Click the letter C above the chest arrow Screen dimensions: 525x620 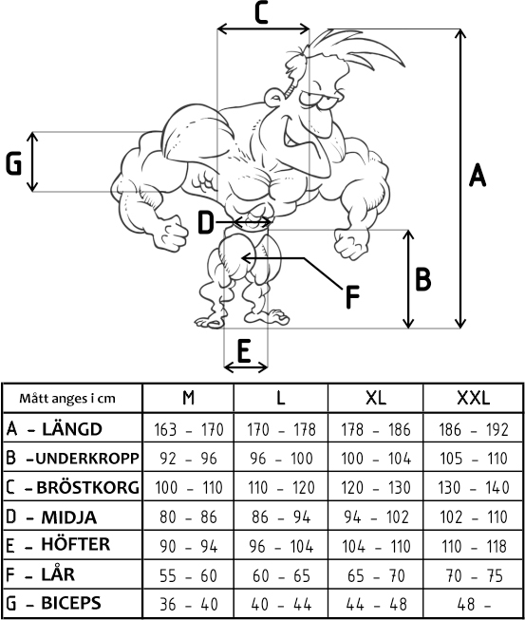pos(261,12)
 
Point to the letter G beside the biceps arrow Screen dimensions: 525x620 pos(14,163)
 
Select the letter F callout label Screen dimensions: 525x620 pos(352,297)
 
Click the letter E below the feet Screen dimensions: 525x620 pos(244,351)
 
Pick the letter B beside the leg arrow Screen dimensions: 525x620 pos(422,279)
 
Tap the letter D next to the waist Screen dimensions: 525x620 pos(206,222)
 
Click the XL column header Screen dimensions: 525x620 pos(376,398)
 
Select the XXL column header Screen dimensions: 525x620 pos(473,398)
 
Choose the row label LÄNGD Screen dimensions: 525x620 pos(72,429)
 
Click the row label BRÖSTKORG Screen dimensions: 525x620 pos(87,487)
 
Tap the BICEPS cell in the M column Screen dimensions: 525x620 pos(189,604)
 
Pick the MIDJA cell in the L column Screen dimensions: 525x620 pos(281,517)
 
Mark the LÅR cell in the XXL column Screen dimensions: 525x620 pos(474,575)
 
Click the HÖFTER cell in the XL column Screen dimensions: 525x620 pos(376,546)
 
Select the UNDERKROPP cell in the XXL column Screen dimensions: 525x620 pos(474,459)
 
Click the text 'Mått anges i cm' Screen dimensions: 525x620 pos(67,398)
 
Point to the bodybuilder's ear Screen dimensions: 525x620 pos(273,97)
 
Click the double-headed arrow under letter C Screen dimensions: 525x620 pos(264,28)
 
